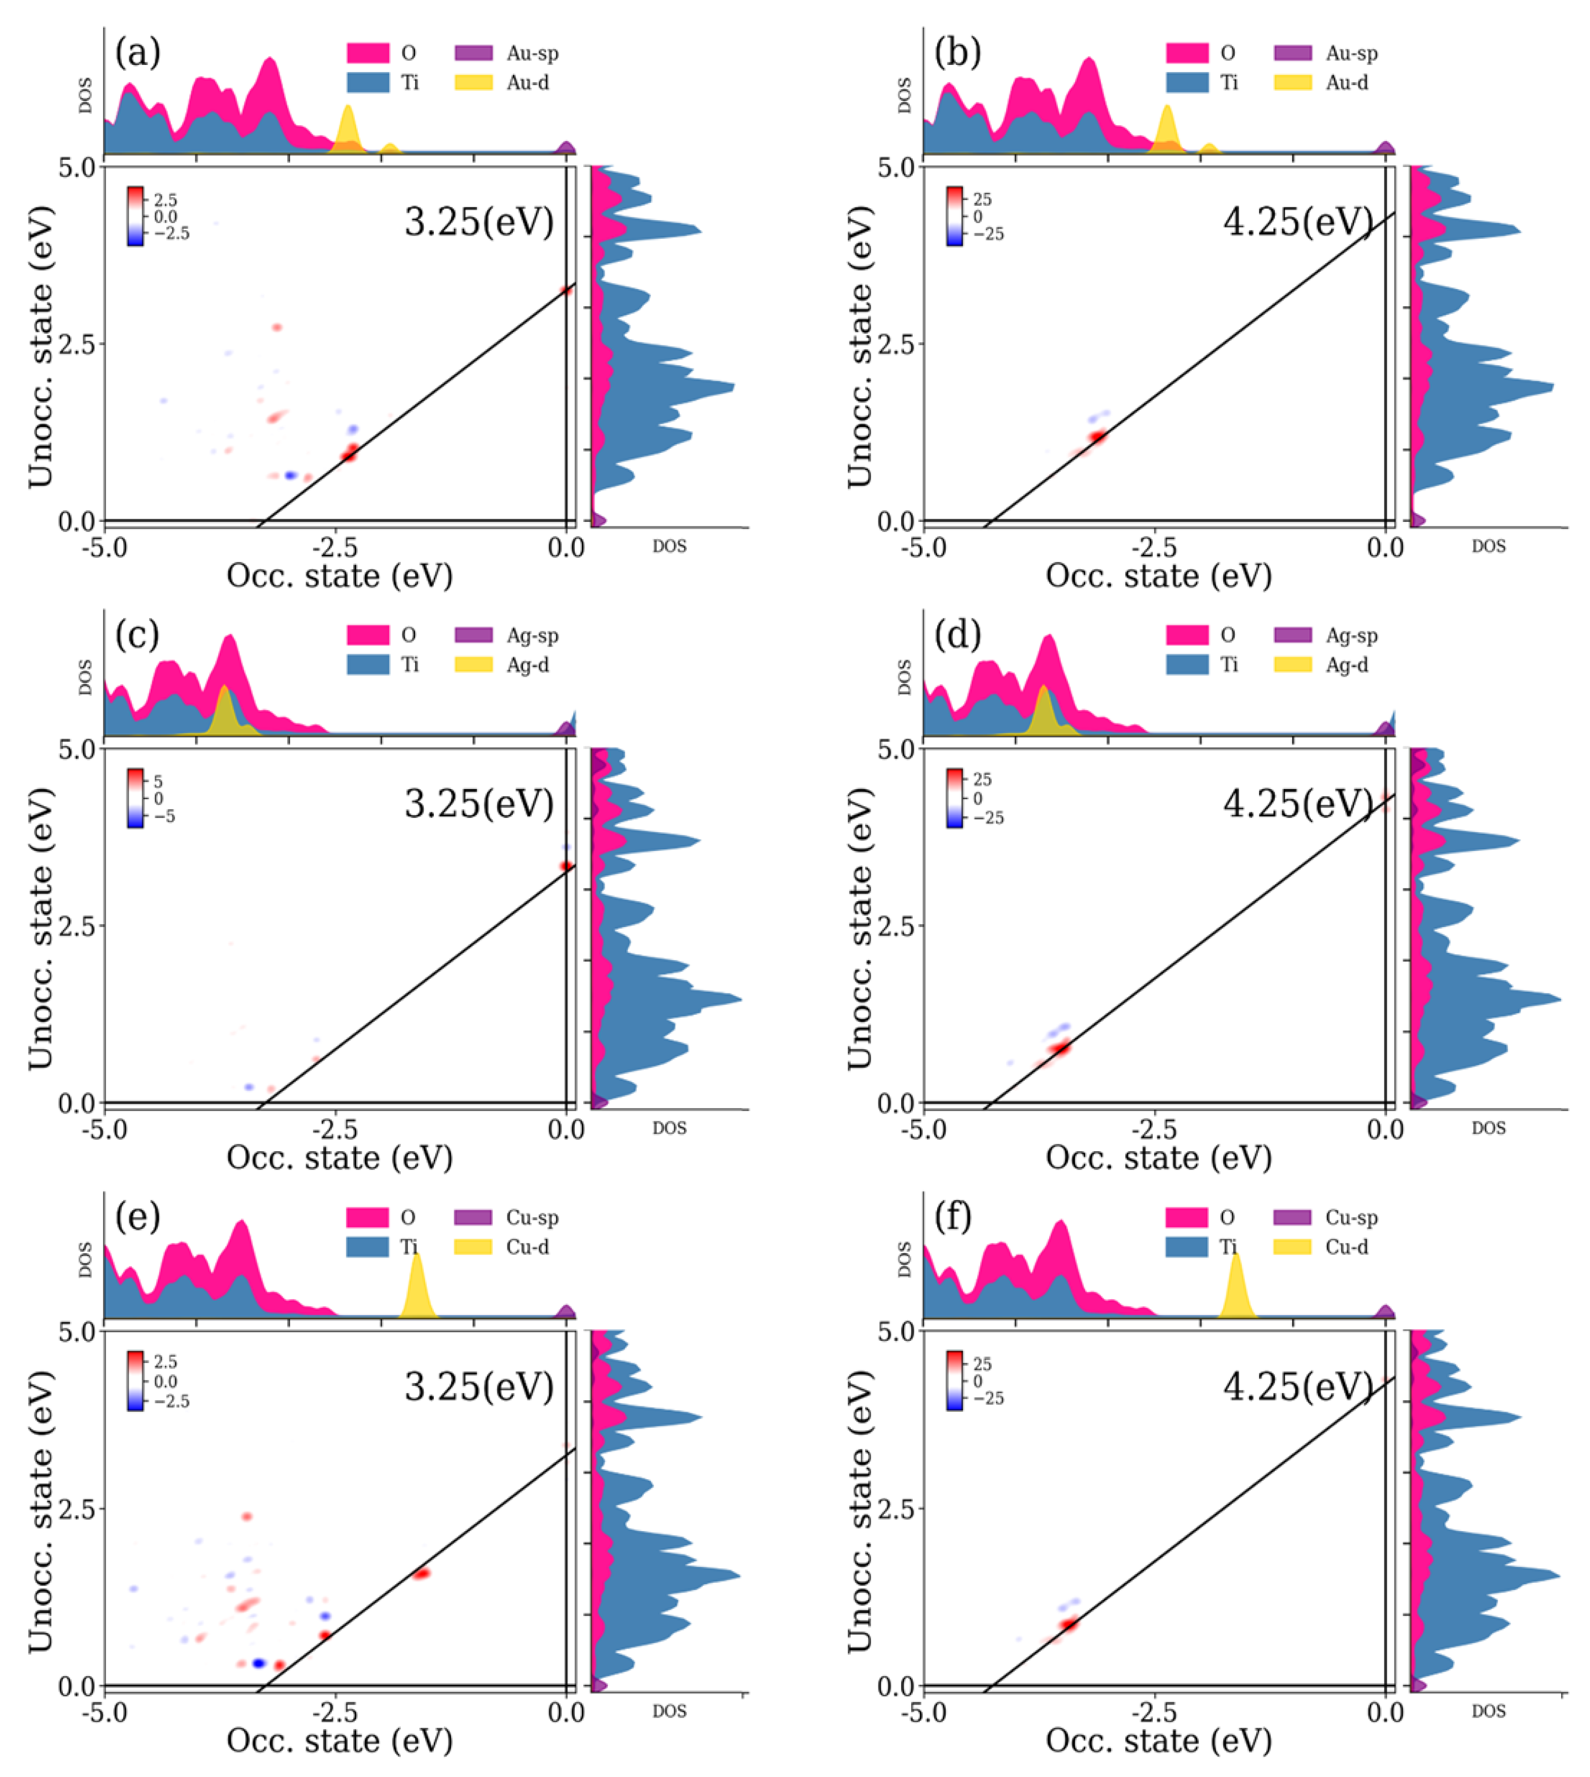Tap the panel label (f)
coord(953,1217)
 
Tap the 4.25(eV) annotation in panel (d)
coord(1298,803)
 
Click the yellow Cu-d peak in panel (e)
coord(418,1288)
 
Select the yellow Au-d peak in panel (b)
coord(1167,129)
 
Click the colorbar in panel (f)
coord(955,1380)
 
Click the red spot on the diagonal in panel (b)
coord(1097,436)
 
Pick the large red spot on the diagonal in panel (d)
coord(1060,1048)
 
